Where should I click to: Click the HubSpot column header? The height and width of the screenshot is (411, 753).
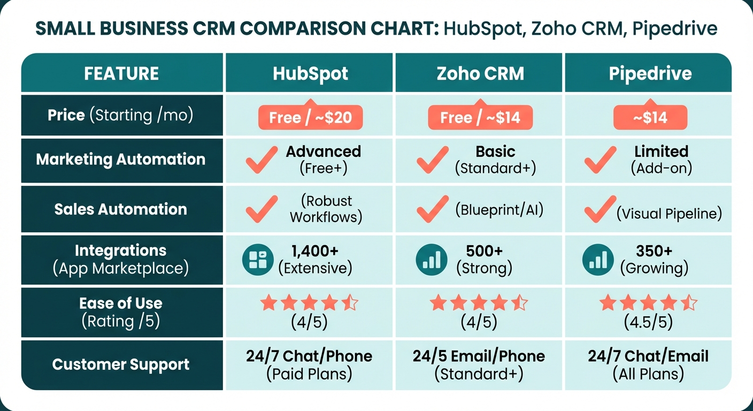coord(310,73)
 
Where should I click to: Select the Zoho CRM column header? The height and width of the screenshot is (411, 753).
coord(480,73)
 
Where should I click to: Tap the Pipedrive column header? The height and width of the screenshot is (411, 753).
coord(650,73)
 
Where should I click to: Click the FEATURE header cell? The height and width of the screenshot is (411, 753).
coord(121,73)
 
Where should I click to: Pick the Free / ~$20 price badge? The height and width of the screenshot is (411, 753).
coord(310,117)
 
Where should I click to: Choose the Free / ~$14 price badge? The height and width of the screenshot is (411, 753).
coord(480,117)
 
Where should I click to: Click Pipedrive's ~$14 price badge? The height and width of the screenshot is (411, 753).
coord(650,117)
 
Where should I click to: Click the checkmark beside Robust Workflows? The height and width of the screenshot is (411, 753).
coord(262,209)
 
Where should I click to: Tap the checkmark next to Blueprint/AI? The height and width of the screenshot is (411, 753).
coord(432,209)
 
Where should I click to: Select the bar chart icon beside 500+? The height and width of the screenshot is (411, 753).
coord(431,259)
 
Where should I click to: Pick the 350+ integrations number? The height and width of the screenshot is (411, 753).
coord(654,251)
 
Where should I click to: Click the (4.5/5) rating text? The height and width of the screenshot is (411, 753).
coord(648,322)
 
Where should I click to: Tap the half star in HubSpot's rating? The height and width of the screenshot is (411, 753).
coord(350,303)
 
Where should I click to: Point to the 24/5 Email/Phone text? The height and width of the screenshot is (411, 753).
coord(479,356)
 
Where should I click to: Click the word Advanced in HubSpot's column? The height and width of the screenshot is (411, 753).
coord(324,151)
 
